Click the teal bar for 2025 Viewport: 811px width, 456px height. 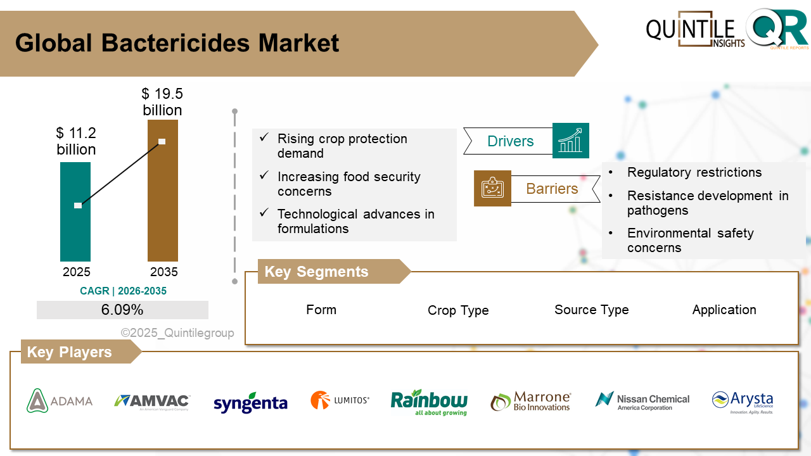pyautogui.click(x=75, y=212)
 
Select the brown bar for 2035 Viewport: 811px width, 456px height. pyautogui.click(x=162, y=190)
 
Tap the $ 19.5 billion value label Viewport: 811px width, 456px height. pyautogui.click(x=162, y=102)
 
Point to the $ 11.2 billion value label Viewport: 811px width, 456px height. pyautogui.click(x=76, y=141)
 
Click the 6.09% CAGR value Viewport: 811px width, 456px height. pyautogui.click(x=122, y=310)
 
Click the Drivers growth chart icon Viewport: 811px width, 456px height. pyautogui.click(x=570, y=141)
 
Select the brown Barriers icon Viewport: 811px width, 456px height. pyautogui.click(x=492, y=188)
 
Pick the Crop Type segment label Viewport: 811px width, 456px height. pyautogui.click(x=458, y=310)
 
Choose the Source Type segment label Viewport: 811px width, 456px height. pyautogui.click(x=591, y=310)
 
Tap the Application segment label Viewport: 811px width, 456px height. pyautogui.click(x=724, y=310)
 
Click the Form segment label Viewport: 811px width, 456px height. pyautogui.click(x=321, y=310)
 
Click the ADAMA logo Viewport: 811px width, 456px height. pyautogui.click(x=60, y=401)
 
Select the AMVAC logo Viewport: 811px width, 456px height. pyautogui.click(x=152, y=402)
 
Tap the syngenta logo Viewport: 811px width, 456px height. pyautogui.click(x=250, y=403)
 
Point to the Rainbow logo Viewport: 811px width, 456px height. pyautogui.click(x=429, y=402)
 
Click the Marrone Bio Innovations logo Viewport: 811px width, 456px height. pyautogui.click(x=531, y=402)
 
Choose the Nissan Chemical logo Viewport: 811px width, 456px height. pyautogui.click(x=642, y=401)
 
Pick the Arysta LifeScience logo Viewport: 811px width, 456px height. pyautogui.click(x=743, y=402)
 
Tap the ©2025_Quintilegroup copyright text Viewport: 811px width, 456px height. pyautogui.click(x=177, y=333)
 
